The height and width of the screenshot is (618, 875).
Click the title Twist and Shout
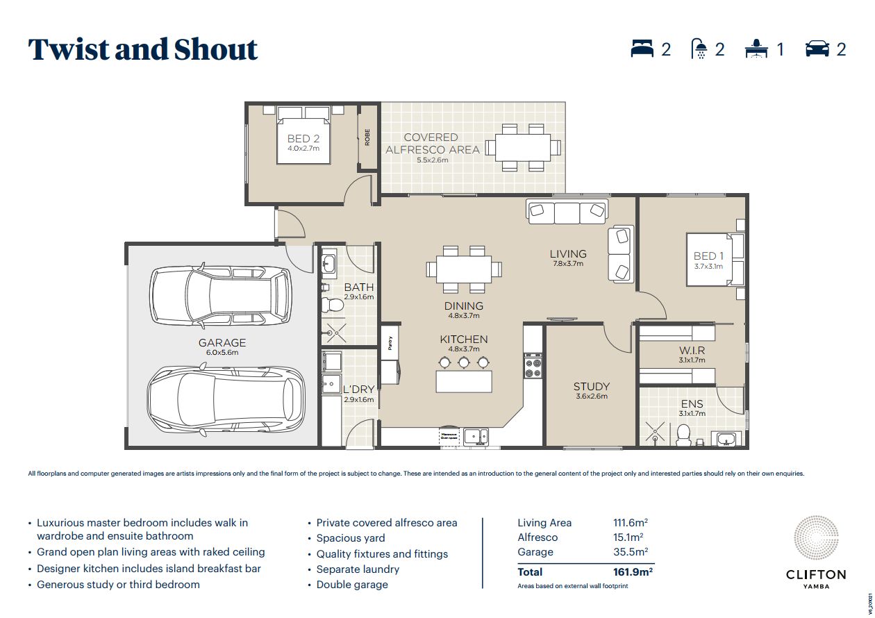[143, 50]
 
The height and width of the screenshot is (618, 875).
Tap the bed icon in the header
[642, 49]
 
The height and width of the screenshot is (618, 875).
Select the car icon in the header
[817, 49]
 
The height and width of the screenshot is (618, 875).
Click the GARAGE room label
[222, 342]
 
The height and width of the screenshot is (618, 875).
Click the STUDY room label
[591, 387]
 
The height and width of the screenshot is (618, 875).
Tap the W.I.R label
[692, 351]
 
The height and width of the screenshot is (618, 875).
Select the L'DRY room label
[358, 390]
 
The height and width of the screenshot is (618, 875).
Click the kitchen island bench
[464, 382]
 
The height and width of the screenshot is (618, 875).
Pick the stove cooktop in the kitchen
[533, 365]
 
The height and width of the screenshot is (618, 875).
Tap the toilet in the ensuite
[683, 434]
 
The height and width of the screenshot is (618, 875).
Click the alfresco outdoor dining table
[523, 147]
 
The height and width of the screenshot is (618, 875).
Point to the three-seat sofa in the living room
[567, 211]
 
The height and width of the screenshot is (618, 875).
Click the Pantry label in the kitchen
[390, 343]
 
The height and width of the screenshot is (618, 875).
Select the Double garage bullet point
[352, 585]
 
